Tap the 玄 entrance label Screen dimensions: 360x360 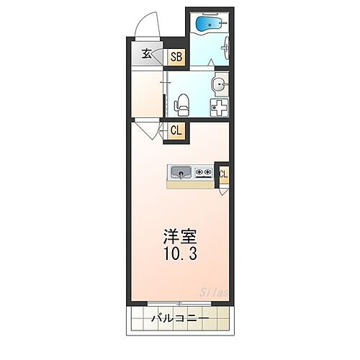[146, 53]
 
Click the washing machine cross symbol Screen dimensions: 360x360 [218, 108]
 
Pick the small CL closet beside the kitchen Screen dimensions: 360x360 [224, 174]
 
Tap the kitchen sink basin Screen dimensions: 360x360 [180, 173]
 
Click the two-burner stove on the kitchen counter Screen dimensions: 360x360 [203, 173]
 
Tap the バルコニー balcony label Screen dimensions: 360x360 [179, 318]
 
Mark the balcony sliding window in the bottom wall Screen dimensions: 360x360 [179, 302]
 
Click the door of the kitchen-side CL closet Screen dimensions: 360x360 [225, 190]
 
